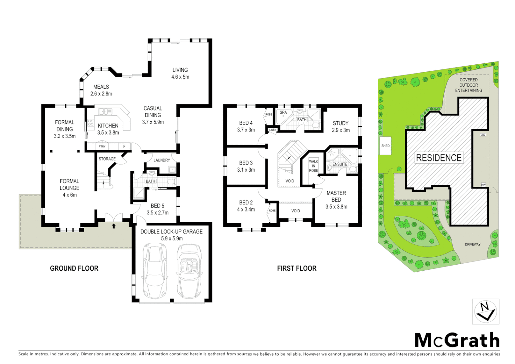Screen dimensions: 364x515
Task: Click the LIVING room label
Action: (180, 70)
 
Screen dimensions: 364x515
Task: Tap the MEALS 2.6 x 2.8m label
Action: (101, 90)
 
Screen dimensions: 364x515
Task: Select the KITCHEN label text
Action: (108, 126)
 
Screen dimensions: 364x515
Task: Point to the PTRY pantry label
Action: (102, 146)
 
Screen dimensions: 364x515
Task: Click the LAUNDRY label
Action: (162, 160)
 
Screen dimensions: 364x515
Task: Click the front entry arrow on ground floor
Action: (114, 226)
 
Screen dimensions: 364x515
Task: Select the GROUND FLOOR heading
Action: (74, 268)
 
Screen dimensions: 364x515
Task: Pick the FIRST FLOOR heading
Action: (297, 268)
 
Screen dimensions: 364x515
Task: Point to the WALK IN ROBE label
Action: (313, 166)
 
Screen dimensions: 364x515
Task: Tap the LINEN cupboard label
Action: (273, 130)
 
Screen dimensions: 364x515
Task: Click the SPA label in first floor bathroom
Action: (283, 113)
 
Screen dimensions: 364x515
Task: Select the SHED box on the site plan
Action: (385, 146)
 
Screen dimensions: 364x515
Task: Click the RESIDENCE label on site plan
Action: (438, 158)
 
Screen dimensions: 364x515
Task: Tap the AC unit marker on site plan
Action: (483, 135)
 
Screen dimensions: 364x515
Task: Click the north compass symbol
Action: (485, 311)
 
